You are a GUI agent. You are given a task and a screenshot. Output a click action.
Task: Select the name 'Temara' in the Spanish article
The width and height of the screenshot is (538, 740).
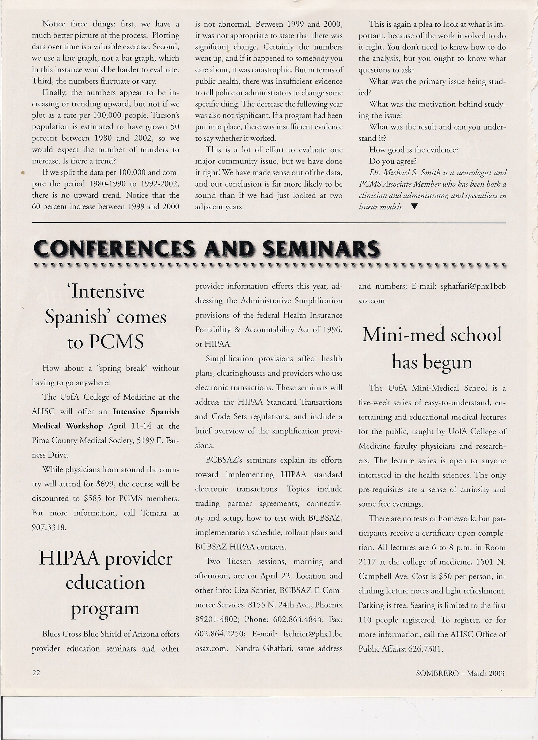click(x=154, y=513)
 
